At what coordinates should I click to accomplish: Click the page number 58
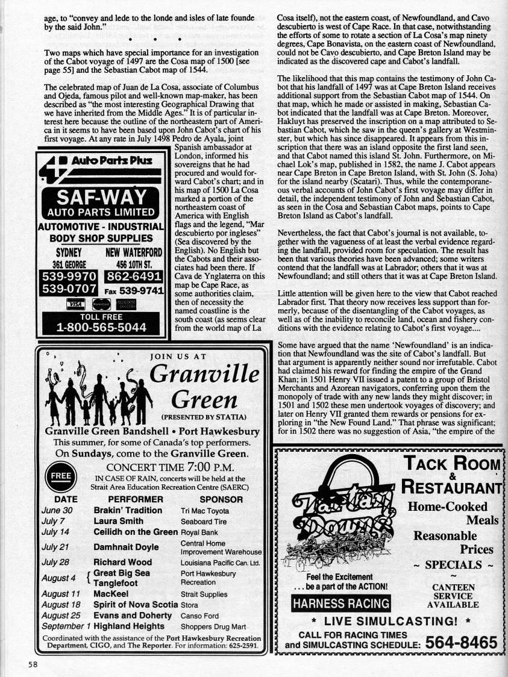click(32, 665)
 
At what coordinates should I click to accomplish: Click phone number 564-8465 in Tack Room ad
click(461, 643)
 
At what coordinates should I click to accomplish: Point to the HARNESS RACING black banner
click(340, 604)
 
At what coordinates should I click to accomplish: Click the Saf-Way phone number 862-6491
click(134, 276)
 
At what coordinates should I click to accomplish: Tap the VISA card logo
click(76, 305)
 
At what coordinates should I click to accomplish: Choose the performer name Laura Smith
click(118, 521)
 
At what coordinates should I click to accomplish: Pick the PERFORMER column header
click(136, 499)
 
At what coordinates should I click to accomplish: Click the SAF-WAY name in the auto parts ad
click(101, 197)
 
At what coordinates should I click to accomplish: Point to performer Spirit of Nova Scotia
click(136, 605)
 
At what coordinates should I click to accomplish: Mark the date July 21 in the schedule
click(55, 547)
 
